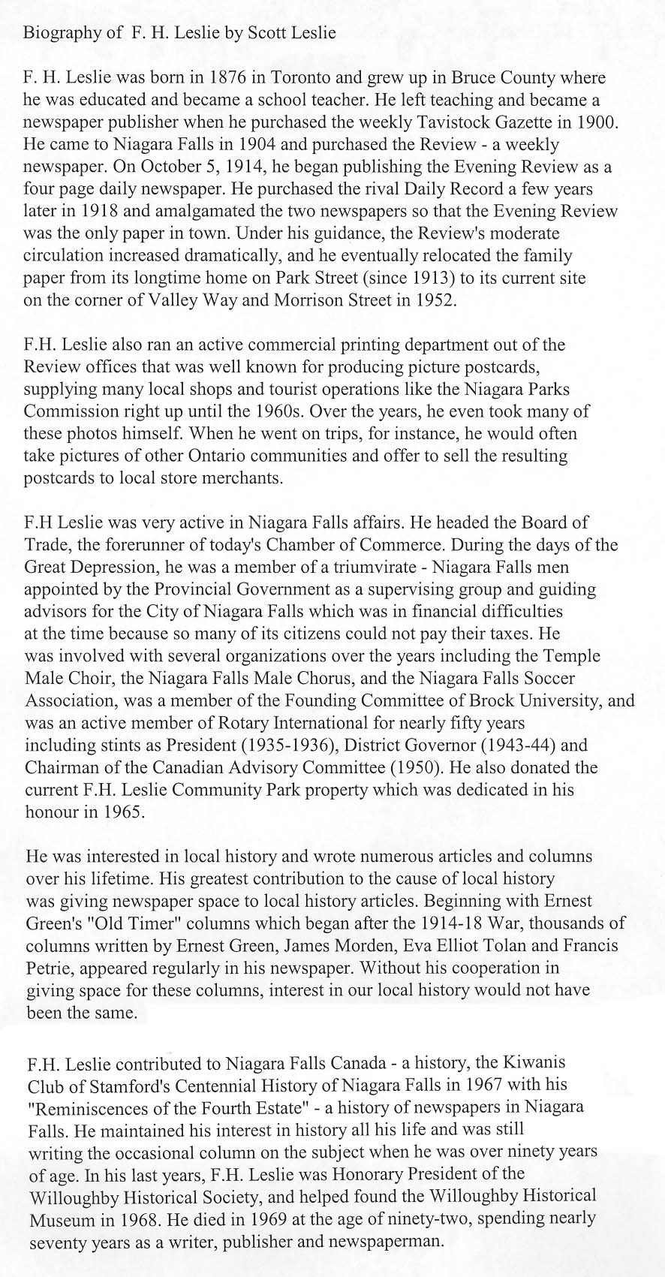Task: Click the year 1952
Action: tap(434, 300)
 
